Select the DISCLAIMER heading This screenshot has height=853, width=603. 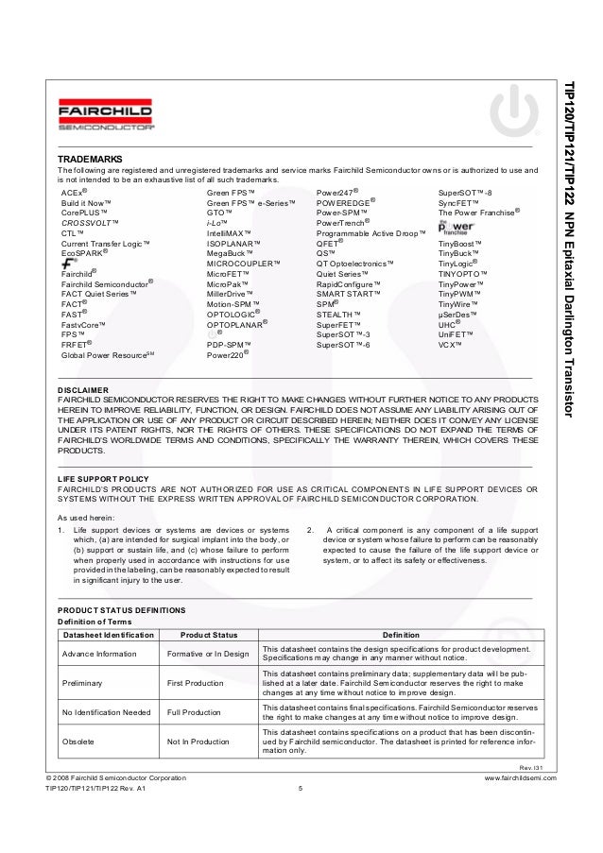point(84,389)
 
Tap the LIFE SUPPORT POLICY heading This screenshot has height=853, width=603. point(101,480)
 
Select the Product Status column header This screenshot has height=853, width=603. point(208,635)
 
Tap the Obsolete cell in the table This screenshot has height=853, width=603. point(79,742)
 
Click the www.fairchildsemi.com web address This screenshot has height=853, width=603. point(520,777)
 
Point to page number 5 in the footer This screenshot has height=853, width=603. point(299,789)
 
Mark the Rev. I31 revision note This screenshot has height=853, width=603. point(534,765)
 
